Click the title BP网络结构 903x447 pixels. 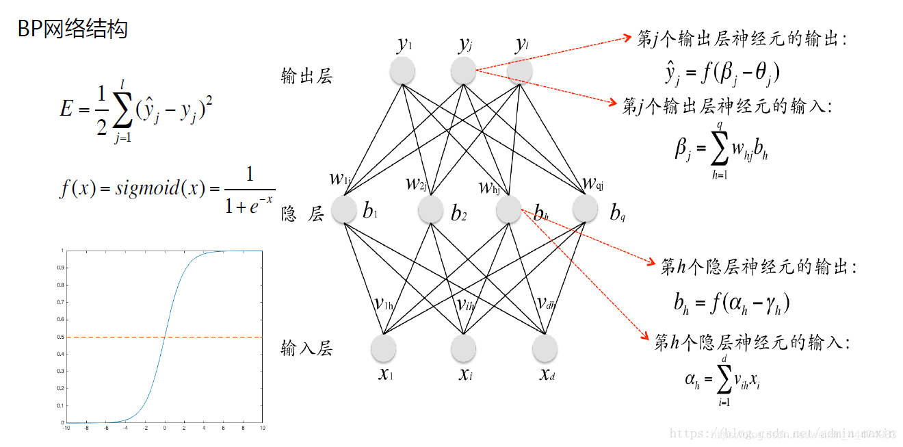coord(73,29)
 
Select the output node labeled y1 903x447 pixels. coord(403,70)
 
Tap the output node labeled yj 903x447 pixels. coord(463,70)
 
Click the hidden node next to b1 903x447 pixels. coord(345,210)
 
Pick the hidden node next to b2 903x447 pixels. coord(431,210)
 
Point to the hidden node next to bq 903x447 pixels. coord(586,210)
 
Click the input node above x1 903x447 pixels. coord(383,348)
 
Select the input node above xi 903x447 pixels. coord(463,348)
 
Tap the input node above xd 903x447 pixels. coord(545,348)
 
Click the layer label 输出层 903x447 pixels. coord(306,76)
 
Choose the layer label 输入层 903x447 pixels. coord(306,348)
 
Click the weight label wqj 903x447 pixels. coord(592,183)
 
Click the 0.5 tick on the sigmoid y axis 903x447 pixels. coord(62,337)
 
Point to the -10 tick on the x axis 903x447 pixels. coord(66,429)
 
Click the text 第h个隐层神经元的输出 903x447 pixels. coord(758,267)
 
